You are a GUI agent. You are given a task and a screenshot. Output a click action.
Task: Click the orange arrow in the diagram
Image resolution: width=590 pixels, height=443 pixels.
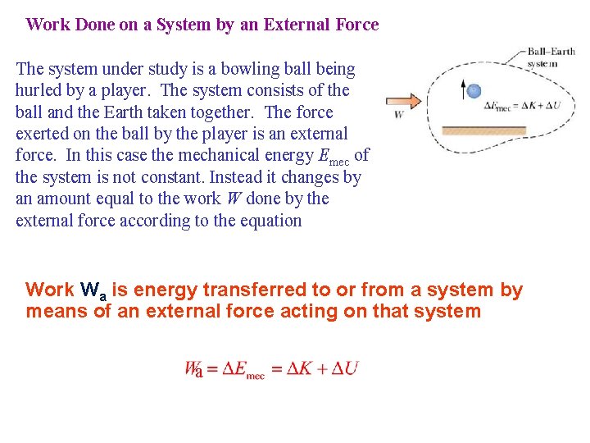point(404,101)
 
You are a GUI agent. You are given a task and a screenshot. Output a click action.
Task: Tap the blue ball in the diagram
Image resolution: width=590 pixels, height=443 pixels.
point(473,91)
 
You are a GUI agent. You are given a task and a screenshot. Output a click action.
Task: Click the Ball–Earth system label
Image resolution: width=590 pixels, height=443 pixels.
point(551,57)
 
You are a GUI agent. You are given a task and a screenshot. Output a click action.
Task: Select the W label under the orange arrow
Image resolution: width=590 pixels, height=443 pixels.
point(399,115)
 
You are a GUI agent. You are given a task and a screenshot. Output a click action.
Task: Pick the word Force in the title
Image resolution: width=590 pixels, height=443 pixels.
point(356,25)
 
